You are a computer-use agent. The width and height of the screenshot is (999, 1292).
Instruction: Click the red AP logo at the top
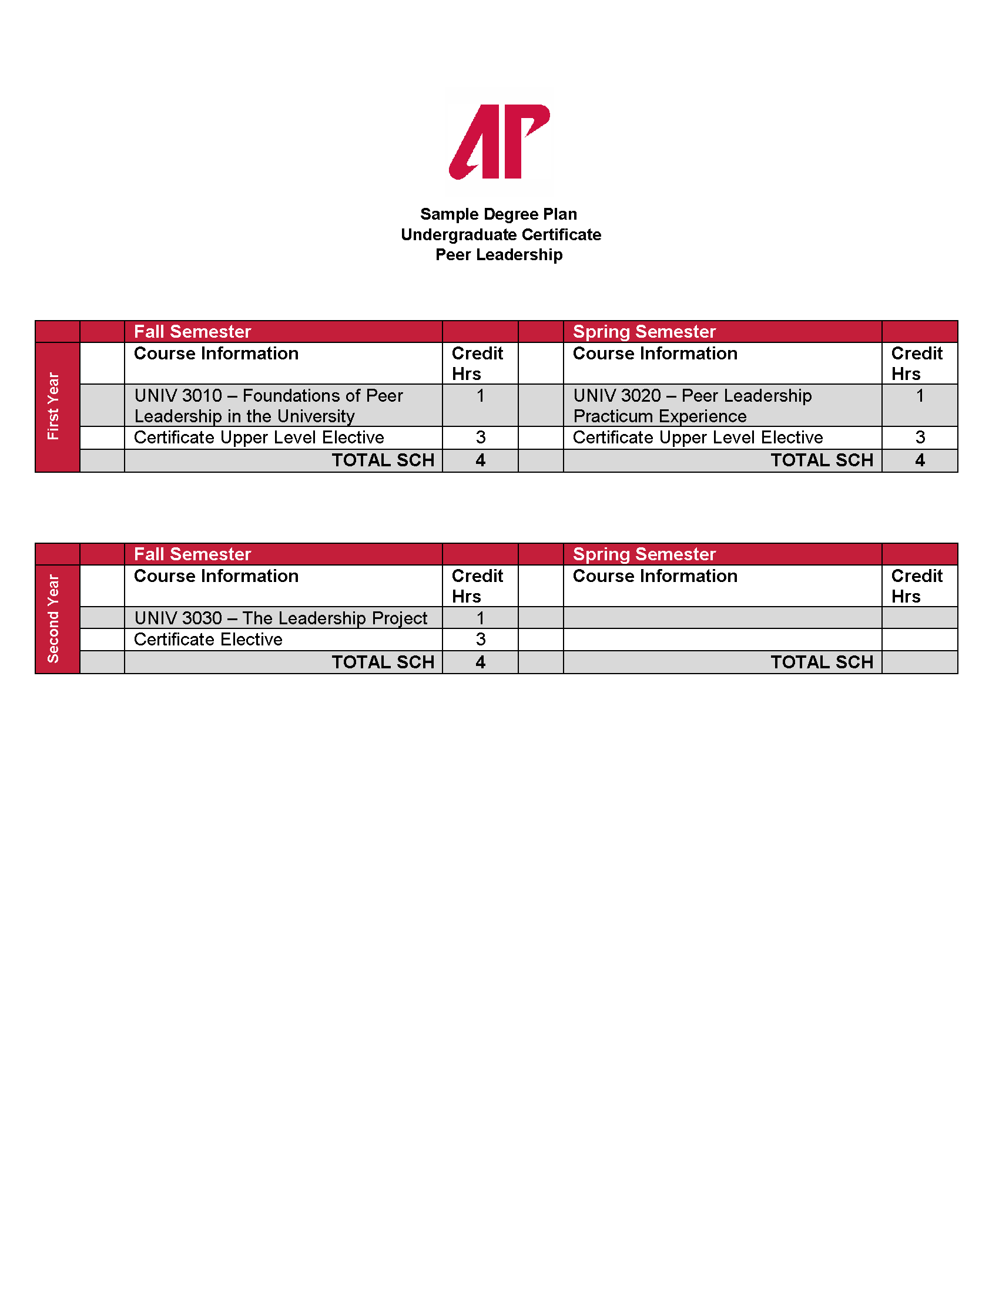click(499, 142)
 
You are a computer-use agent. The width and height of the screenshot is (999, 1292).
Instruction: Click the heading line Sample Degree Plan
click(498, 214)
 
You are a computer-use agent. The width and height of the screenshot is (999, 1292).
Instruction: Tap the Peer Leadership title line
click(499, 255)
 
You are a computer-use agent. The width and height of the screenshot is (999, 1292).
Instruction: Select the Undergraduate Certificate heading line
click(501, 235)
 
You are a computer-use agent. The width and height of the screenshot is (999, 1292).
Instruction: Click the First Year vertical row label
click(54, 406)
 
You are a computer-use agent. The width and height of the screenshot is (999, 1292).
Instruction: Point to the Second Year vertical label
click(54, 618)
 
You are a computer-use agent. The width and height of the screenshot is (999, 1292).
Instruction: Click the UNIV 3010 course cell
click(268, 405)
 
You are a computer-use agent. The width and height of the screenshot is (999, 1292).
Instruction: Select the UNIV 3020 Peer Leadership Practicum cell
click(692, 405)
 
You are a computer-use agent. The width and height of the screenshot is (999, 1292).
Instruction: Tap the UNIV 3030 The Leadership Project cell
click(280, 618)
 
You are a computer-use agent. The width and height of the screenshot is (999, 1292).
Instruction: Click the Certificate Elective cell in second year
click(209, 640)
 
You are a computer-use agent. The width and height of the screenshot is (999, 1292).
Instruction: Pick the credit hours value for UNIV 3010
click(480, 396)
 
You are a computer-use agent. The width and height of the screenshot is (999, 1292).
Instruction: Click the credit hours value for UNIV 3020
click(920, 396)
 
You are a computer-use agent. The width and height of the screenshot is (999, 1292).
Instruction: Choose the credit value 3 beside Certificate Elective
click(480, 640)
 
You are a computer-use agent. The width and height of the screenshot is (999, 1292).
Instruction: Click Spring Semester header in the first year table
click(644, 332)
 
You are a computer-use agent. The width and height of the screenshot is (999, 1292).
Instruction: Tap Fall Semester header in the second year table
click(192, 554)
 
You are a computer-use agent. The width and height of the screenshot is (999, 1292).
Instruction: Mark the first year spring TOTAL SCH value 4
click(920, 460)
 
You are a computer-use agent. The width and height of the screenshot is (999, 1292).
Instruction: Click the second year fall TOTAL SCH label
click(383, 662)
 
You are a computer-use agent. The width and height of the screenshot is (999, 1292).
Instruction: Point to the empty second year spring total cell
click(920, 662)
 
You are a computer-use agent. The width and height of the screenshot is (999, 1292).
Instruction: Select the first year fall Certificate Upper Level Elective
click(259, 438)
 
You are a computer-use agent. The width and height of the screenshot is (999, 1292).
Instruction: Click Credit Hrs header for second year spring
click(916, 586)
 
